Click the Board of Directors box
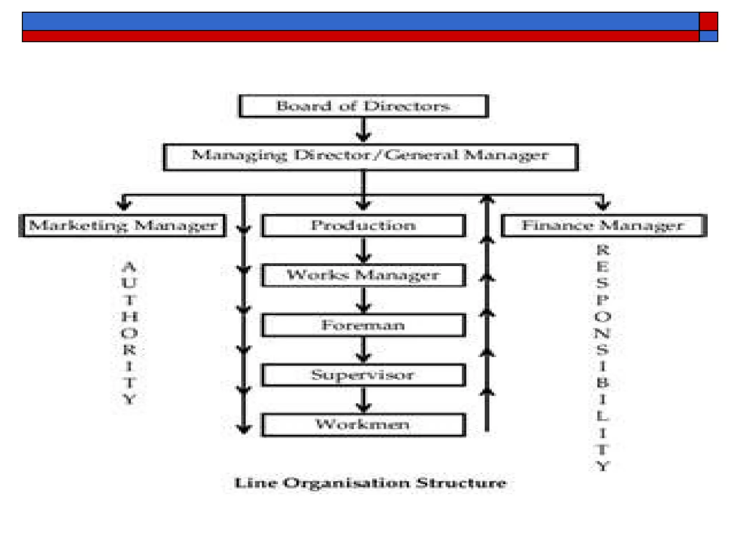tap(363, 106)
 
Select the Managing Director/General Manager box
tap(370, 157)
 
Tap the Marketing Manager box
tap(122, 226)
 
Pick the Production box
tap(363, 226)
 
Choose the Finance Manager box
tap(603, 226)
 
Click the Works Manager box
tap(363, 275)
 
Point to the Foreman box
tap(363, 325)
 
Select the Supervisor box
tap(363, 375)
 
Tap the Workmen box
tap(363, 425)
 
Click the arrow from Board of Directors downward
tap(363, 130)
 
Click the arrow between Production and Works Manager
tap(363, 251)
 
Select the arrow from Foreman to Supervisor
tap(363, 351)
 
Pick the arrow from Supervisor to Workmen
tap(363, 400)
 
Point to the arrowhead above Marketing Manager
tap(124, 204)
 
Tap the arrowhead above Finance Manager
tap(603, 204)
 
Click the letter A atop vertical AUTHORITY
tap(129, 267)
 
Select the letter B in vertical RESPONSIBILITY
tap(603, 383)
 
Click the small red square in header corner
tap(708, 21)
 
